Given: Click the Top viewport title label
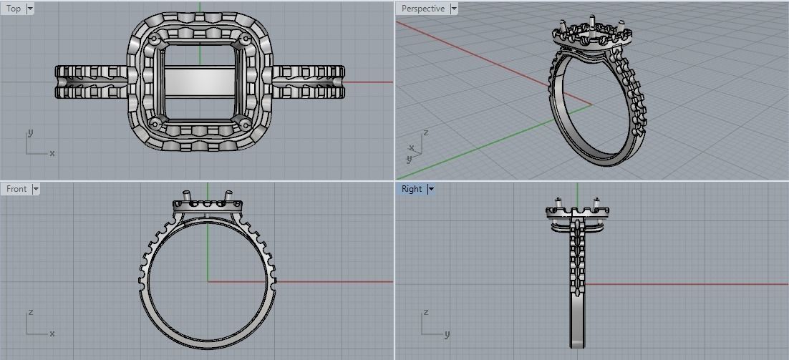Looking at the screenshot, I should point(14,9).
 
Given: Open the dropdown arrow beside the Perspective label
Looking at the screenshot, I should point(454,9).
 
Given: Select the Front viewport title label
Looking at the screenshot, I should point(16,189).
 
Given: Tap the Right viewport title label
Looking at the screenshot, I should point(412,189).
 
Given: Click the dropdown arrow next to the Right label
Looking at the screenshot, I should point(431,189).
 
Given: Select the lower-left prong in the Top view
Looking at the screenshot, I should point(155,123).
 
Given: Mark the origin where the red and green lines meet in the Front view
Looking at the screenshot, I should point(208,281).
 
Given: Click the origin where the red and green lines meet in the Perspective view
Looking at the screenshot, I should point(591,105).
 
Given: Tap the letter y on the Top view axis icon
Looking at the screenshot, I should point(29,133).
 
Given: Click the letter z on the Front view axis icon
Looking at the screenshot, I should point(29,313).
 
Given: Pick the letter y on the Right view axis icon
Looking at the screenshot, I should point(447,334).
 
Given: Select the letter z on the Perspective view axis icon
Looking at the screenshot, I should point(426,133).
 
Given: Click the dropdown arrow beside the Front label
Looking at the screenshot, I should point(36,189).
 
